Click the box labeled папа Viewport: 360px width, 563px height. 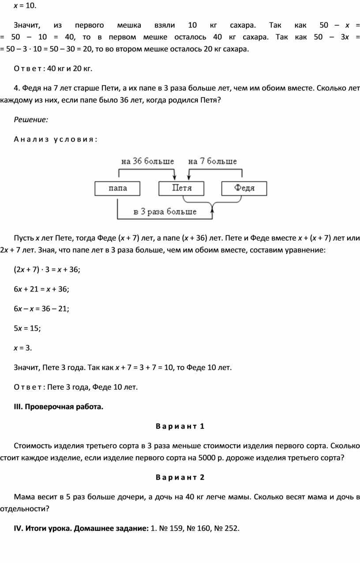click(117, 188)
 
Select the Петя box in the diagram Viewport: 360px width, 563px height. click(181, 188)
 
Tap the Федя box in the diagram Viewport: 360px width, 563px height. click(244, 188)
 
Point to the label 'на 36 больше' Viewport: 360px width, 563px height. click(147, 161)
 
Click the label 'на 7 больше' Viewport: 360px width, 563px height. click(212, 161)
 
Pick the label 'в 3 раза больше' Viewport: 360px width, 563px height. click(165, 212)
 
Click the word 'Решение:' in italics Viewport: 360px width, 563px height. click(31, 119)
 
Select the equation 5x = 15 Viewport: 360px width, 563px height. click(27, 328)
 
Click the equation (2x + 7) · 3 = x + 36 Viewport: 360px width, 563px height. click(47, 270)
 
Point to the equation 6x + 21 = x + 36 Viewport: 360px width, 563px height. click(41, 289)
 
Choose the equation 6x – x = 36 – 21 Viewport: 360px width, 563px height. click(41, 309)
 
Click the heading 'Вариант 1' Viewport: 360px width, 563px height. click(180, 426)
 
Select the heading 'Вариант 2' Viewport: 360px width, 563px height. click(180, 477)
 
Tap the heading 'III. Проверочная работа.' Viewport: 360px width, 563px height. click(59, 406)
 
